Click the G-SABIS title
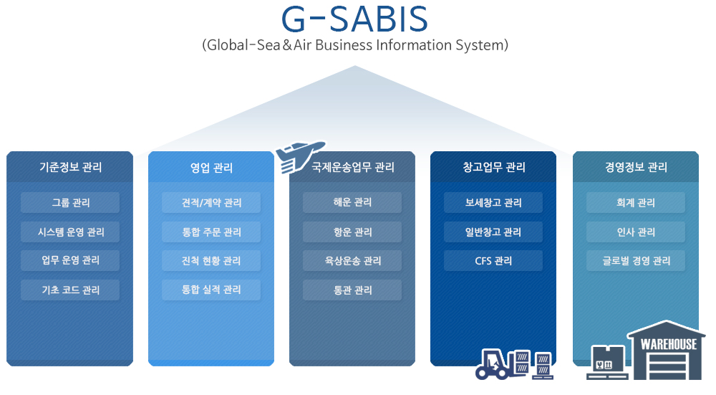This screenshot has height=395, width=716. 355,19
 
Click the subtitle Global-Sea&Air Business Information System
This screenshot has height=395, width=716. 355,45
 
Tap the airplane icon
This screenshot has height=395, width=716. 299,156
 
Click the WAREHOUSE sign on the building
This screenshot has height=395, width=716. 669,344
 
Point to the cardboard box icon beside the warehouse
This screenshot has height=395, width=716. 607,361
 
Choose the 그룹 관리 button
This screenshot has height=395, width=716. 70,203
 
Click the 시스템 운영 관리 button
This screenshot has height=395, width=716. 70,232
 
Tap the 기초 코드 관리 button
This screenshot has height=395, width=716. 70,290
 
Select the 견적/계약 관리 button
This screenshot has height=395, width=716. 211,203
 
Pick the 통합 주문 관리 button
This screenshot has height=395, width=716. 211,232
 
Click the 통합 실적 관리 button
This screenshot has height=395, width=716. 211,290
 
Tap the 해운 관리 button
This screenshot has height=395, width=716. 352,203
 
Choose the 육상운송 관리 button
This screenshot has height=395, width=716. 352,261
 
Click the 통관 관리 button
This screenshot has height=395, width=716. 352,290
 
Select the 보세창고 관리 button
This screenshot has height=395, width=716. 493,203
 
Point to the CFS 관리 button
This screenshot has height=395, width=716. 493,261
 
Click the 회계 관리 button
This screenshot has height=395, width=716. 636,203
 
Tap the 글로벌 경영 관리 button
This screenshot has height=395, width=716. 636,261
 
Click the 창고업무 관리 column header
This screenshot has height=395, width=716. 493,167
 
